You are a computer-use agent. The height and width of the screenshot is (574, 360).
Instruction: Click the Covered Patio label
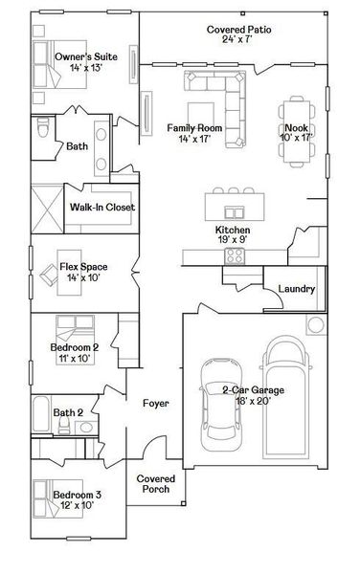coord(238,31)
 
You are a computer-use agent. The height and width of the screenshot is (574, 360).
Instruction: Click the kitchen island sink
coord(233,211)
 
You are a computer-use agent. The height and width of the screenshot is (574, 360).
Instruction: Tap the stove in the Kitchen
coord(235,255)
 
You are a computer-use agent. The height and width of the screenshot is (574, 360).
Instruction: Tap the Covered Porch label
coord(154,483)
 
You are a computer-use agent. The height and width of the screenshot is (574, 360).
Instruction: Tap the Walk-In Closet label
coord(101,207)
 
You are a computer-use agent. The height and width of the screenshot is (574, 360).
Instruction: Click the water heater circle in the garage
coord(315,325)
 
